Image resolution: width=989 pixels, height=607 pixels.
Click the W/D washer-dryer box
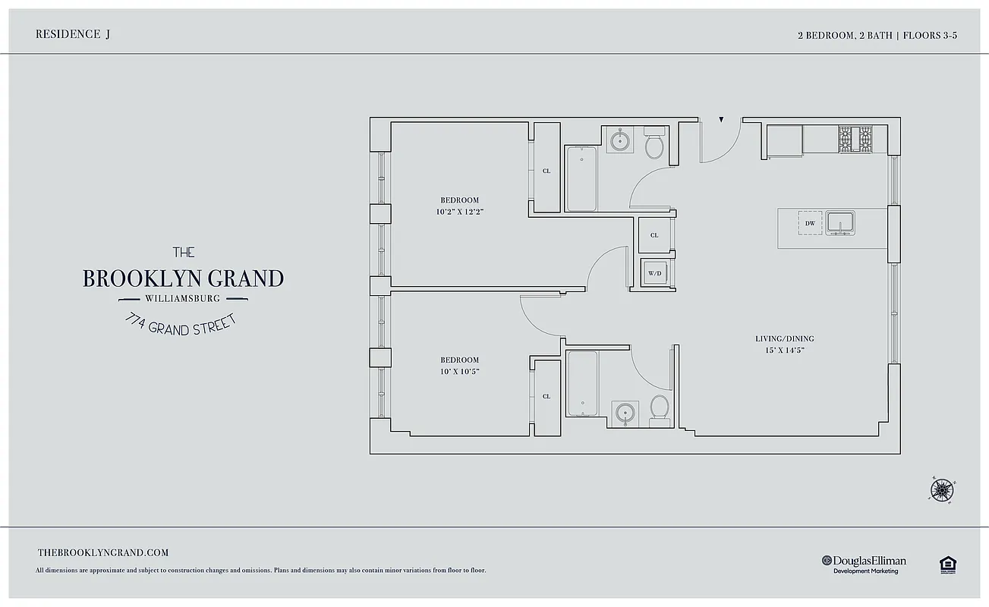tap(654, 272)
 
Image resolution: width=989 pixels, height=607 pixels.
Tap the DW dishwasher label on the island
tap(810, 223)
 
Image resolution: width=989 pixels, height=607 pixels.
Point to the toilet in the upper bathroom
tap(654, 145)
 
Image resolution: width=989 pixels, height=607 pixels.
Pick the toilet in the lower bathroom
tap(660, 408)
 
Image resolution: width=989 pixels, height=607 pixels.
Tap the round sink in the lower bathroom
tap(625, 413)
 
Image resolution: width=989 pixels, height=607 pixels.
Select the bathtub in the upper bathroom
tap(581, 179)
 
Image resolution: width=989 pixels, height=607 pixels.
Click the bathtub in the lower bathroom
tap(582, 383)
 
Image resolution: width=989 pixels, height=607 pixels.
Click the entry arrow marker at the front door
tap(721, 120)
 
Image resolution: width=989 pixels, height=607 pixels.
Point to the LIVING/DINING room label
tap(784, 338)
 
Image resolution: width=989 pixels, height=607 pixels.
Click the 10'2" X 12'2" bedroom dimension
tap(459, 212)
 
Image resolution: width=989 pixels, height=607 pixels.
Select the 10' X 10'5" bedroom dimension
tap(459, 372)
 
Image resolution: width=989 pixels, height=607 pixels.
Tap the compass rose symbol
tap(941, 489)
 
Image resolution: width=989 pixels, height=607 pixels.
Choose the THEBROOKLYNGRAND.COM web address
tap(103, 553)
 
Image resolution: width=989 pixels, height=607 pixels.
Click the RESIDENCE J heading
tap(73, 34)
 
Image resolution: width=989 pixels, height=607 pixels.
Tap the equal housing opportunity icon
tap(946, 564)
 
